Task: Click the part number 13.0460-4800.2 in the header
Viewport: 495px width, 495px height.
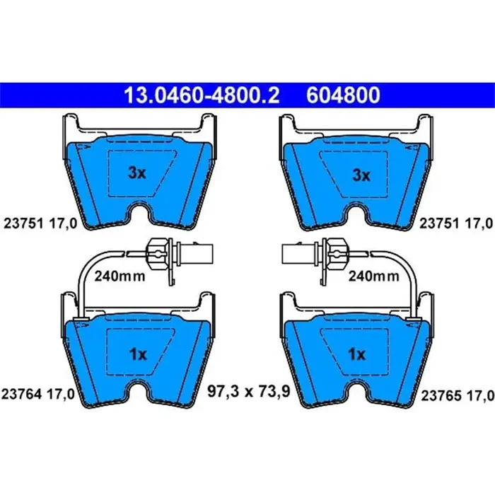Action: point(202,95)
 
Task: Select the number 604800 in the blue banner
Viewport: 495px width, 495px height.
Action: point(343,95)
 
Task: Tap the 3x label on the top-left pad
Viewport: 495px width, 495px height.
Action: point(137,173)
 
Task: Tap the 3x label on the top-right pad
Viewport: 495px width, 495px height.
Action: point(361,175)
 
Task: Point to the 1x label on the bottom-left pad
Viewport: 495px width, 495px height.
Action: point(138,354)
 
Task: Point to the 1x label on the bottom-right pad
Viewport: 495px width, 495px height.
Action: point(356,354)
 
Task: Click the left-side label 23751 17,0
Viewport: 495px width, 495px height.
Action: point(40,223)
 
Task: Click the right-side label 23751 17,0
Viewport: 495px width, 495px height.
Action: point(456,223)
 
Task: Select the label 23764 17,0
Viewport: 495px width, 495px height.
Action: point(38,395)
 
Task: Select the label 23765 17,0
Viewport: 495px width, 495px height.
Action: point(458,396)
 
